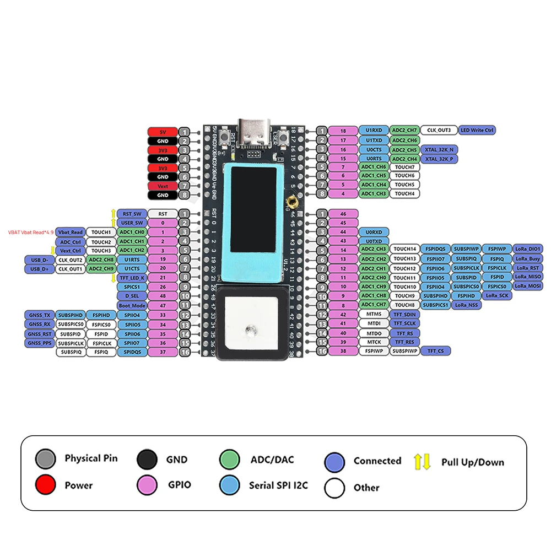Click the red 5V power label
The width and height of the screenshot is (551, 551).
(163, 132)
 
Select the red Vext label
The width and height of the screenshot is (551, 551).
(163, 186)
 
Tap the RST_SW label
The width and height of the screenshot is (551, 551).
(131, 214)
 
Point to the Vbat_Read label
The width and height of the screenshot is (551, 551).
(71, 233)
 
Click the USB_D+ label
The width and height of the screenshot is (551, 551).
(38, 269)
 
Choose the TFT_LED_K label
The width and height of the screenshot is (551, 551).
(131, 278)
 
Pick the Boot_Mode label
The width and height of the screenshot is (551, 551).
(131, 305)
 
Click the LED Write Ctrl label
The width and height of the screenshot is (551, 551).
(477, 131)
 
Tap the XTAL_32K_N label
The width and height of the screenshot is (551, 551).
(439, 149)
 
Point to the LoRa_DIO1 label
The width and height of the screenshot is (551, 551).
(527, 249)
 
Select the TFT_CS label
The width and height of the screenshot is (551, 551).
(433, 350)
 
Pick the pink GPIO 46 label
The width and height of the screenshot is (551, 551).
(343, 214)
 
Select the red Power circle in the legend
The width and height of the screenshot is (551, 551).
(45, 485)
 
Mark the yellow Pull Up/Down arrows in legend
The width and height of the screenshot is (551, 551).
(423, 462)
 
